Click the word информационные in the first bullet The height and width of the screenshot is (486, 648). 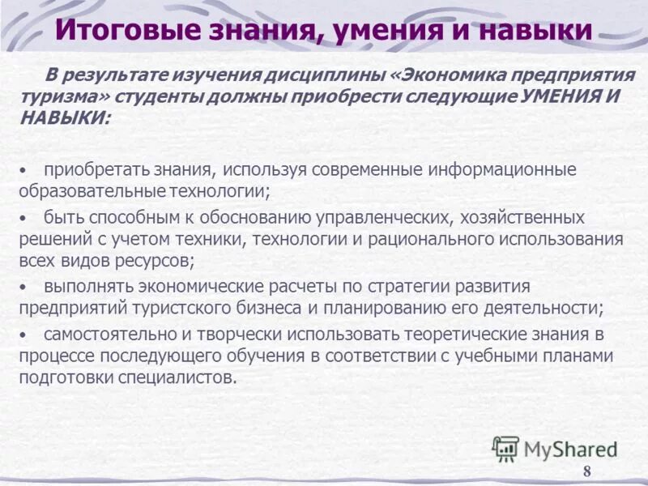497,170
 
